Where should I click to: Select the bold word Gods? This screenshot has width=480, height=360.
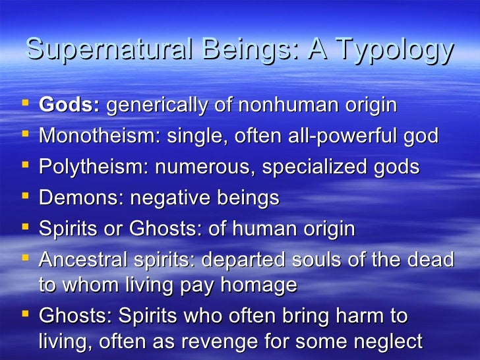pyautogui.click(x=69, y=105)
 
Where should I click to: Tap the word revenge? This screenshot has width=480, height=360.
pyautogui.click(x=251, y=342)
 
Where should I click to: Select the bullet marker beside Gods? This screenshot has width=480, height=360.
pyautogui.click(x=25, y=105)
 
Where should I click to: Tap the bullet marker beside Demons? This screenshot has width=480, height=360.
pyautogui.click(x=25, y=197)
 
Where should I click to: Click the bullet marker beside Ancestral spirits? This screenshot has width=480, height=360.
pyautogui.click(x=25, y=258)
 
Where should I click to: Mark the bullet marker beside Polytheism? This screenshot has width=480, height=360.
pyautogui.click(x=25, y=167)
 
